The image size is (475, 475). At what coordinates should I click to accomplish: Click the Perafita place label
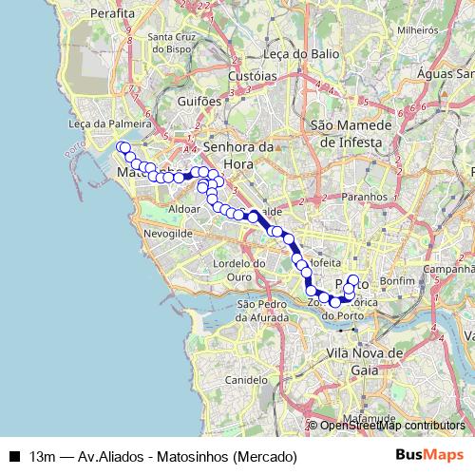click(x=113, y=14)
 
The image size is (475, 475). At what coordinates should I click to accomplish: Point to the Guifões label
click(x=199, y=100)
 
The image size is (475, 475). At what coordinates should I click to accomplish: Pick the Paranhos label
click(x=364, y=197)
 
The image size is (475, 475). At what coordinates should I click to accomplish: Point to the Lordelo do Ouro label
click(x=238, y=269)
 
